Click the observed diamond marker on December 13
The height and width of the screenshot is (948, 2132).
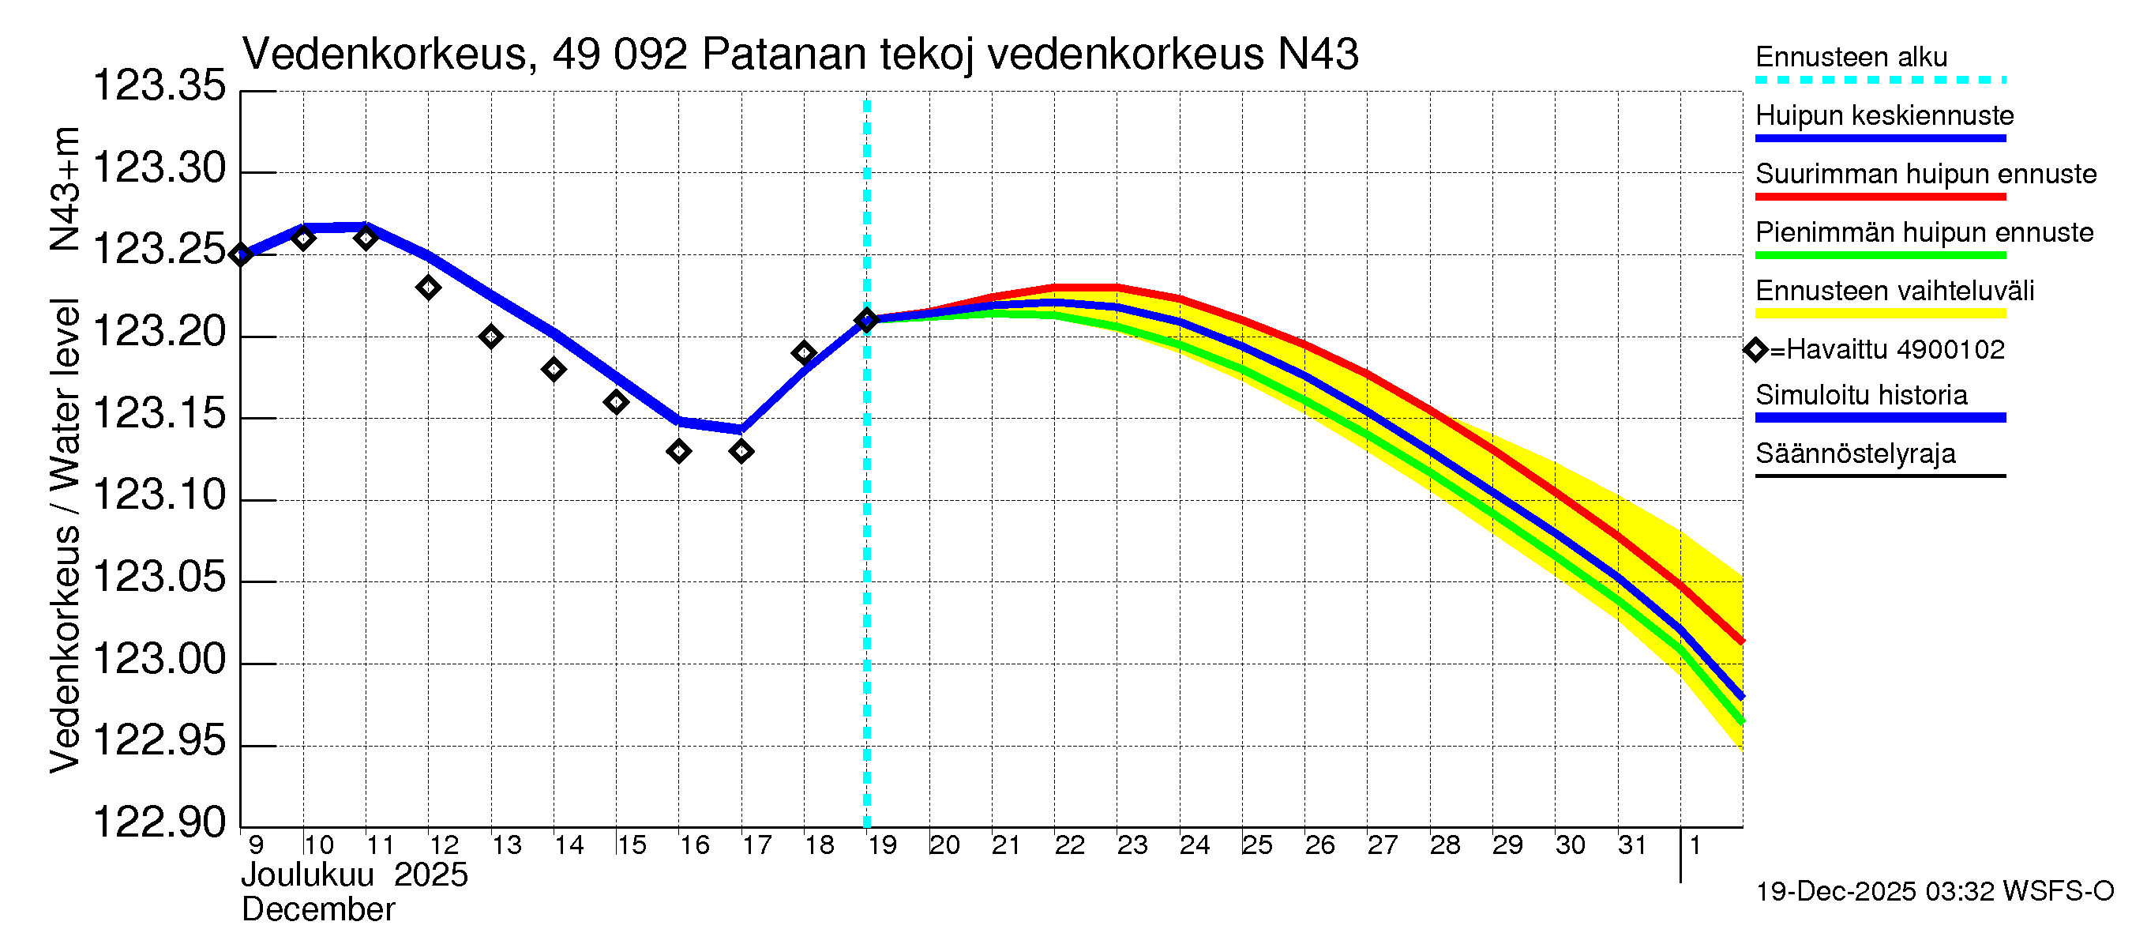point(491,337)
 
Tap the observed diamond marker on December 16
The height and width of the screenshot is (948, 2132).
point(678,451)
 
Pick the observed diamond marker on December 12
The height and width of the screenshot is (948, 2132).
point(428,288)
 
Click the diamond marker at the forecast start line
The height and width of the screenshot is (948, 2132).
point(866,321)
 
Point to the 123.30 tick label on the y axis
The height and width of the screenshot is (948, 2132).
point(159,169)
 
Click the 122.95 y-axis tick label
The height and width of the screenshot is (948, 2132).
point(159,741)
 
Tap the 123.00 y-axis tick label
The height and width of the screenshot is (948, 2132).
point(159,660)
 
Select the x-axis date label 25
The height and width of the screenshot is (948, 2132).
point(1257,845)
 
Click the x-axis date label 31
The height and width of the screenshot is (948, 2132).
point(1632,845)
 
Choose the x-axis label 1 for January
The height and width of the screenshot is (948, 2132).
point(1695,845)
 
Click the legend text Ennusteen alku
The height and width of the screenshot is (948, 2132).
point(1852,57)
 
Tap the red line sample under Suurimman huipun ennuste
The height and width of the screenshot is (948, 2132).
point(1880,197)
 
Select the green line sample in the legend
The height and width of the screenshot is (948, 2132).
point(1880,256)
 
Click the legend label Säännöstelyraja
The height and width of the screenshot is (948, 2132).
point(1856,453)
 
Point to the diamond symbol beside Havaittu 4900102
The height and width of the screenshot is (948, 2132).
point(1755,350)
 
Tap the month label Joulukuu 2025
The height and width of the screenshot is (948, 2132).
point(355,875)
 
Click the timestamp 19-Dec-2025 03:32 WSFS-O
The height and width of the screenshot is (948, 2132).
point(1934,892)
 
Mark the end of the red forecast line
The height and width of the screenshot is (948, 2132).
point(1741,641)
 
